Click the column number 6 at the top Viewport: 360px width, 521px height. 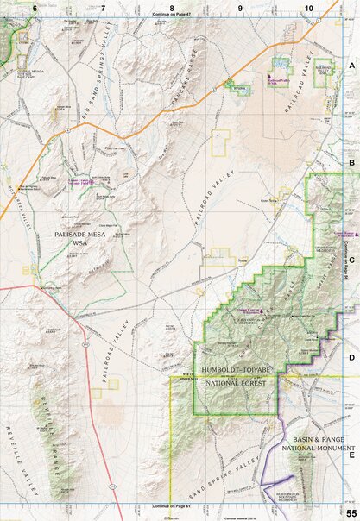click(35, 7)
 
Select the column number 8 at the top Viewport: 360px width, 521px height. click(172, 7)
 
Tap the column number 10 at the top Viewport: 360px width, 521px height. click(308, 7)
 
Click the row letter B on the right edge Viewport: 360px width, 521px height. click(351, 162)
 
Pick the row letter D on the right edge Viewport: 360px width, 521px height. click(351, 356)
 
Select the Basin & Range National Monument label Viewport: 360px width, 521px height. click(318, 444)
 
